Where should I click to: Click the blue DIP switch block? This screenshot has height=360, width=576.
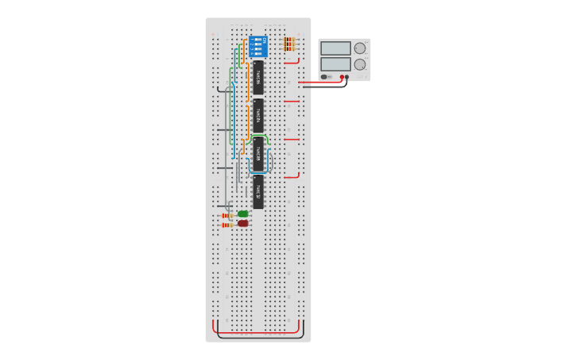257,45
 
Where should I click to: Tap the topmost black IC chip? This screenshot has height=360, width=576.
258,78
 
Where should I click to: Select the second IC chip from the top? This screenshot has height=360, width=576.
258,115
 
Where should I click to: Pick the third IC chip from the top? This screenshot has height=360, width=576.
258,153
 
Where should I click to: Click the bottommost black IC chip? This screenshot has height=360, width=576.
258,192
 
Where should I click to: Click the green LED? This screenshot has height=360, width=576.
243,214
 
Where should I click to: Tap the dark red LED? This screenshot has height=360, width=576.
243,223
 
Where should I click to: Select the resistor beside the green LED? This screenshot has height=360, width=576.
226,215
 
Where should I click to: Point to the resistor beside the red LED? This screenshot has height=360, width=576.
226,225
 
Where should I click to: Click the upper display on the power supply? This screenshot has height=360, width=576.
335,48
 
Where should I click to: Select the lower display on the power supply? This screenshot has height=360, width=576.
335,64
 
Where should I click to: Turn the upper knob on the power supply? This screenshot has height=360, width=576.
360,48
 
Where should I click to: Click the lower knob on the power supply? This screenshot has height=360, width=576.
360,64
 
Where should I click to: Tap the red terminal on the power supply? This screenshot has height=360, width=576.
342,77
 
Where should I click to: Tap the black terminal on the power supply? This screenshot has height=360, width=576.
347,77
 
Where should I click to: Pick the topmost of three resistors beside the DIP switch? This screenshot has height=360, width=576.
289,39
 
